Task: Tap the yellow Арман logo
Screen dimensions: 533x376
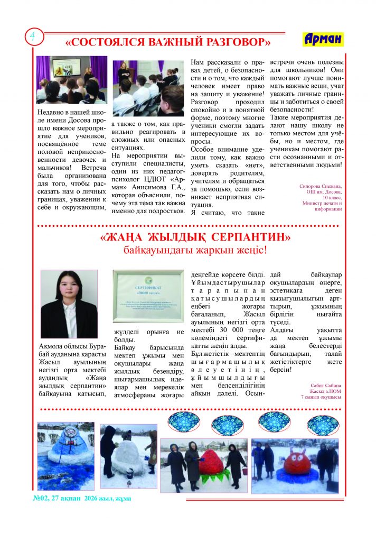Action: point(323,39)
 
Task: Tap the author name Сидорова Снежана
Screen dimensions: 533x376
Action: point(321,187)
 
